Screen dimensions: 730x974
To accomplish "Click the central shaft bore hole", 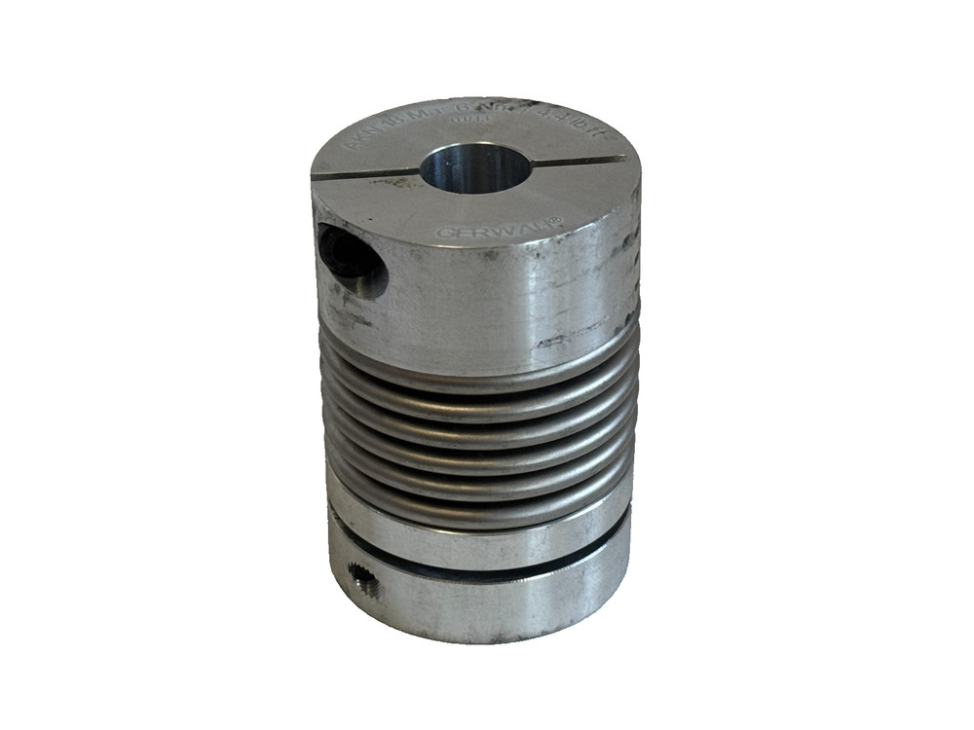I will click(x=470, y=167).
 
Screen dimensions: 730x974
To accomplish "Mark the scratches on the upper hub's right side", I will click(x=584, y=326).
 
